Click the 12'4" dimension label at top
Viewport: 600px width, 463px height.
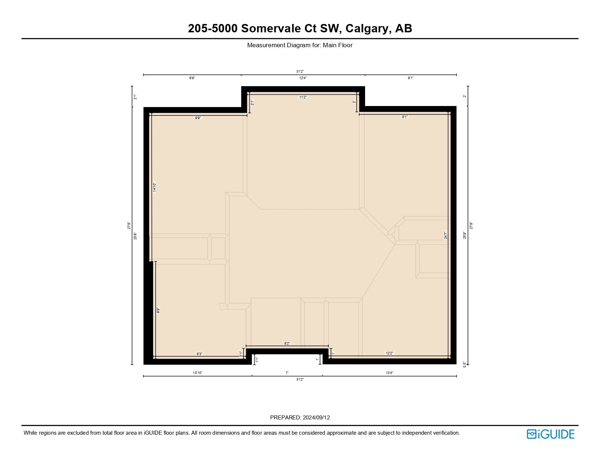click(303, 78)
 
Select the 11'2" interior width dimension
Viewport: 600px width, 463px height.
click(303, 97)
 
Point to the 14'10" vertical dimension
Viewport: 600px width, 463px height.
click(154, 187)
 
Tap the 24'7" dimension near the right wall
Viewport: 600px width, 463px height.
click(445, 235)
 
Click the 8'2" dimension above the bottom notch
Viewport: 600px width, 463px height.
click(287, 343)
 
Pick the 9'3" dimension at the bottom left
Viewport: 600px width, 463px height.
click(199, 354)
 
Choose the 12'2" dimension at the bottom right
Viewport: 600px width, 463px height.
click(389, 353)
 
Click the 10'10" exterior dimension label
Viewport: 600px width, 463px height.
click(197, 373)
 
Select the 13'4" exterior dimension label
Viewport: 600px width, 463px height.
click(389, 373)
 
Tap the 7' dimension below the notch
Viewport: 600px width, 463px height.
click(287, 373)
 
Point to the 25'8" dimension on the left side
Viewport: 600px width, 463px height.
click(135, 236)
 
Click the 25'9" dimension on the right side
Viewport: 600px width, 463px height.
click(464, 235)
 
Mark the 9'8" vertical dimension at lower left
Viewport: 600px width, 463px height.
click(158, 310)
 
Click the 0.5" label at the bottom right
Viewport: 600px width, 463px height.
click(464, 364)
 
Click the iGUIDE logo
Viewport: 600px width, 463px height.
click(550, 434)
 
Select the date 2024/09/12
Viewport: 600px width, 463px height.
click(316, 418)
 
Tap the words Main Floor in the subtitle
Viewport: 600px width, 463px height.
click(337, 45)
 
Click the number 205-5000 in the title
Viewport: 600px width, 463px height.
click(212, 28)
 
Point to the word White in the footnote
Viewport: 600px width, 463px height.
click(31, 433)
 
